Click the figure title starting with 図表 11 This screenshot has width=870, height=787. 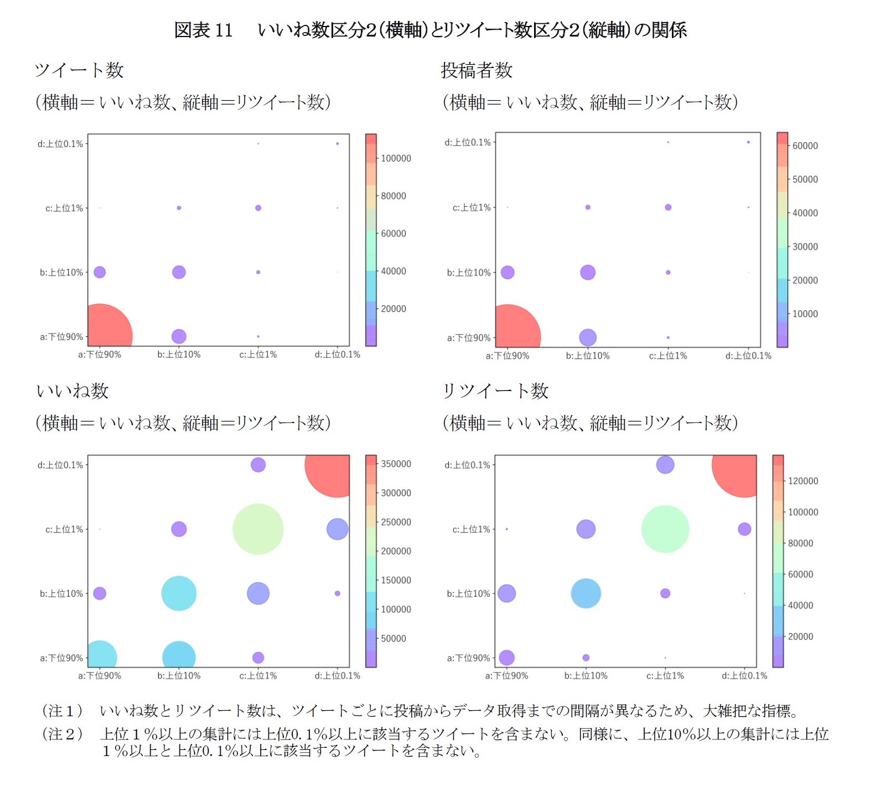430,30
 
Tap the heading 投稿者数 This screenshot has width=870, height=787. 477,70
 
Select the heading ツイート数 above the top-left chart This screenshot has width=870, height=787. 79,70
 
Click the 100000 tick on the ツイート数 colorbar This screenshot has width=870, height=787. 396,158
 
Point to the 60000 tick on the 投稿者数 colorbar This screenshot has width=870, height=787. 805,146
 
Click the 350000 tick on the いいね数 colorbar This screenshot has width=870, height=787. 396,464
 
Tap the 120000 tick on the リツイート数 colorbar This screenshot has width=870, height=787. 802,481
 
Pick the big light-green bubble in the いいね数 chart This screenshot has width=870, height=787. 258,529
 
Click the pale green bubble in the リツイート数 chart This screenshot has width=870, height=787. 665,529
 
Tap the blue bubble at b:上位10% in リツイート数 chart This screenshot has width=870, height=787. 586,593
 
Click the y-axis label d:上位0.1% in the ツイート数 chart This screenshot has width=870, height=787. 60,144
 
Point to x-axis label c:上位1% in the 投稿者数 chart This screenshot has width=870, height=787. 668,356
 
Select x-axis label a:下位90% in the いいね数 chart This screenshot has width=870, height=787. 100,675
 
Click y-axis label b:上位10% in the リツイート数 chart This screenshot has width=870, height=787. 468,593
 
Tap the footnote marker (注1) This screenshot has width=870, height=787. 63,710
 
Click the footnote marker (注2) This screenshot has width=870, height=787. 63,734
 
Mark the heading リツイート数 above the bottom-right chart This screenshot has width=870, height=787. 495,391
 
